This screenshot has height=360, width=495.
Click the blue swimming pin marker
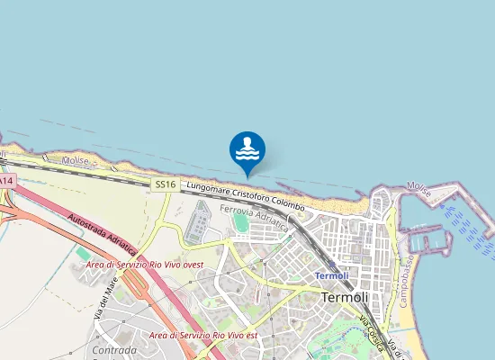tap(247, 149)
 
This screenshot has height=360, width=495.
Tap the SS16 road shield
tap(163, 184)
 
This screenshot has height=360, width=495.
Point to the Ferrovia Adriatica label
tap(254, 217)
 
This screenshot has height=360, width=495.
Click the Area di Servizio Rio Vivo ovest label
tap(145, 265)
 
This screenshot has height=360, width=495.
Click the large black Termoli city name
tap(346, 297)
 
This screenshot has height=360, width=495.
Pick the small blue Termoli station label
tap(331, 274)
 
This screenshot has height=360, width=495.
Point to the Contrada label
tap(114, 347)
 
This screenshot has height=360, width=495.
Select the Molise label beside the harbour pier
tap(418, 185)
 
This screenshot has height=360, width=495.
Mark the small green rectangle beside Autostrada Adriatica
tap(84, 255)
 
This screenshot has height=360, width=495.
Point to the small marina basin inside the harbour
tap(429, 240)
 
